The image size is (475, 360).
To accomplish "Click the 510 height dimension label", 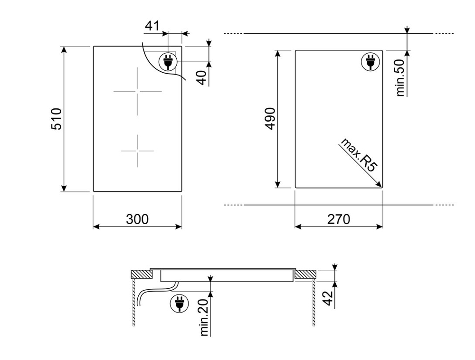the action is click(x=57, y=118).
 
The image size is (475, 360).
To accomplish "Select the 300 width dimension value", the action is click(x=137, y=219).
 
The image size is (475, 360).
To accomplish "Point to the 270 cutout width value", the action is click(x=338, y=219).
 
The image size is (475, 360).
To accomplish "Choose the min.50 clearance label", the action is click(x=400, y=78).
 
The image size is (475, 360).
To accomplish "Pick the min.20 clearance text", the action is click(x=205, y=317).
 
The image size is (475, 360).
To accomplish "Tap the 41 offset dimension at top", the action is click(x=152, y=26).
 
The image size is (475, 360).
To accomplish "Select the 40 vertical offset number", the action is click(x=201, y=77).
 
